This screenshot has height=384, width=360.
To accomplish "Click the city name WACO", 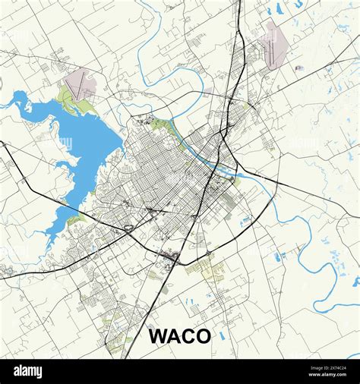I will click(x=179, y=335).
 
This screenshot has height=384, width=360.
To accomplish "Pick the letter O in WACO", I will click(x=202, y=335).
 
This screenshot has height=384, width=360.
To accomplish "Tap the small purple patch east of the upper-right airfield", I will click(x=298, y=68).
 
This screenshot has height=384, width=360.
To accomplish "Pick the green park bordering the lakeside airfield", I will click(x=67, y=97).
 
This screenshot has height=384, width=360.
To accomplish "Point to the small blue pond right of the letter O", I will click(x=222, y=335).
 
